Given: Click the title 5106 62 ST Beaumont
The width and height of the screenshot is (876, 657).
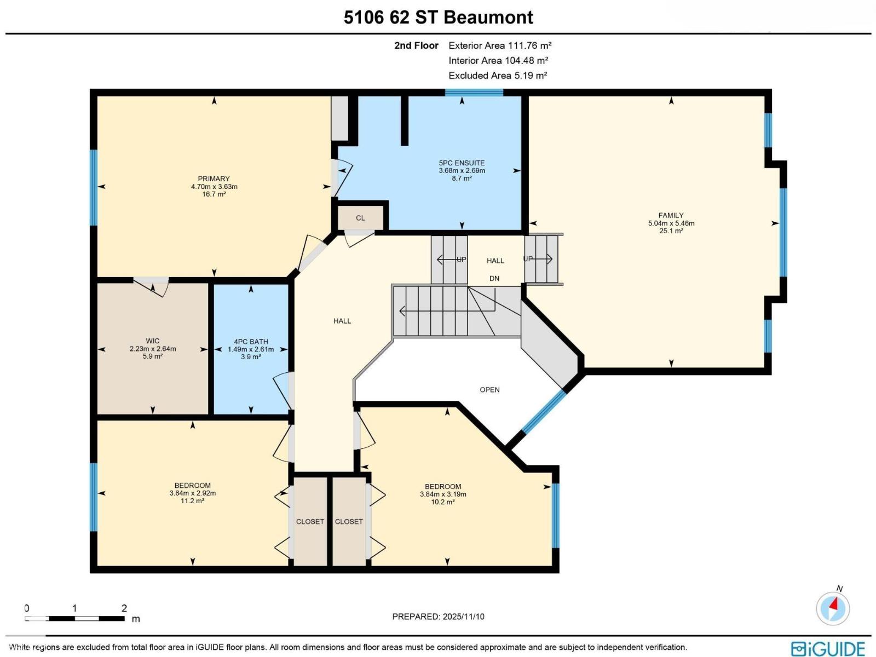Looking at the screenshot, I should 438,18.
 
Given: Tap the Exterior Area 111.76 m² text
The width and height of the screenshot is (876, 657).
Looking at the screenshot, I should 499,45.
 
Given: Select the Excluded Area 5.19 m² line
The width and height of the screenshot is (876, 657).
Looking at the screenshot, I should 497,76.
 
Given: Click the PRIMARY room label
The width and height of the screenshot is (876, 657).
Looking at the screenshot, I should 214,179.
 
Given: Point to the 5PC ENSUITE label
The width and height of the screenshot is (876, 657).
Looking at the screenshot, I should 462,163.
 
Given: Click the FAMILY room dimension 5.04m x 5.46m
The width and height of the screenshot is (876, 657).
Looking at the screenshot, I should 671,223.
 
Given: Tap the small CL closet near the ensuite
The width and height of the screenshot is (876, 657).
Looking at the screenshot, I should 360,218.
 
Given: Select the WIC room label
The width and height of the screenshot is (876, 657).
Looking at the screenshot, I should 152,341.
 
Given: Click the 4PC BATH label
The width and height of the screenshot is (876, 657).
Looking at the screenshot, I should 251,342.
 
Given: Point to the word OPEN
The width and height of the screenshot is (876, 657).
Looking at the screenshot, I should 489,390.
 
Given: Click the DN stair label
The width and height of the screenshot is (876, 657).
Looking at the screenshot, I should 494,279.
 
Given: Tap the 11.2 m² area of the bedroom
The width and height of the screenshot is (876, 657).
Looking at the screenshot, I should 192,501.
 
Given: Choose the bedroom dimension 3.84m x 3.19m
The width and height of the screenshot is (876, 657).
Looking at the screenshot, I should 443,494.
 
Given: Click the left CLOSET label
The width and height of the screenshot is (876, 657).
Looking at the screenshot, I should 310,522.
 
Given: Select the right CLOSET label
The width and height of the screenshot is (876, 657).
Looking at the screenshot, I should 349,522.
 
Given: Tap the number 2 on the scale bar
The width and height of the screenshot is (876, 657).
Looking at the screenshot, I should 124,608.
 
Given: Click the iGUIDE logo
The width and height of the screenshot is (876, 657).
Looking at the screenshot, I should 828,648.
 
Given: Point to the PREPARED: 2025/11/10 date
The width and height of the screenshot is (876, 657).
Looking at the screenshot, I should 438,616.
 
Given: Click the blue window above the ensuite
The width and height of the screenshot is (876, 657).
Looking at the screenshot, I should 474,93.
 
